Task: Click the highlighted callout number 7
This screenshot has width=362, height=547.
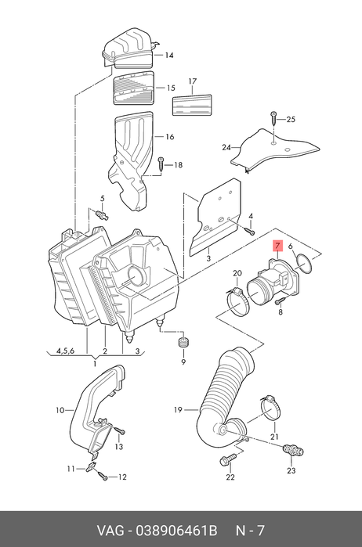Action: (277, 247)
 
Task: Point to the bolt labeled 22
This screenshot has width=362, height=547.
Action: (227, 459)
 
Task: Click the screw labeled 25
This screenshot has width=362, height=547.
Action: (274, 119)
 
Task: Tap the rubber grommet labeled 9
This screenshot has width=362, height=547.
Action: (183, 343)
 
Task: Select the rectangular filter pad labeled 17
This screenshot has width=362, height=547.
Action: (192, 104)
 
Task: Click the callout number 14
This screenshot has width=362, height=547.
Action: (169, 55)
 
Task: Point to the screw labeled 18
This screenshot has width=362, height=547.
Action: (161, 164)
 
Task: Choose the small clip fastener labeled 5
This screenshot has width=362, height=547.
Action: (101, 214)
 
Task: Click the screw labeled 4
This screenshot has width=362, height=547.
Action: (249, 231)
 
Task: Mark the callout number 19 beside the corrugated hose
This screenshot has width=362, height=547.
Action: (178, 409)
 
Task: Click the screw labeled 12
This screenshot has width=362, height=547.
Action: (102, 476)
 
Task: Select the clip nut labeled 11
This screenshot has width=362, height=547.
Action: (91, 466)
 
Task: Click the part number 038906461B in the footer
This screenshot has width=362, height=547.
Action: (176, 531)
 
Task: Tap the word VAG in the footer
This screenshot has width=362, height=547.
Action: (110, 531)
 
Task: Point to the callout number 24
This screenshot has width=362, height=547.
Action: (226, 148)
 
